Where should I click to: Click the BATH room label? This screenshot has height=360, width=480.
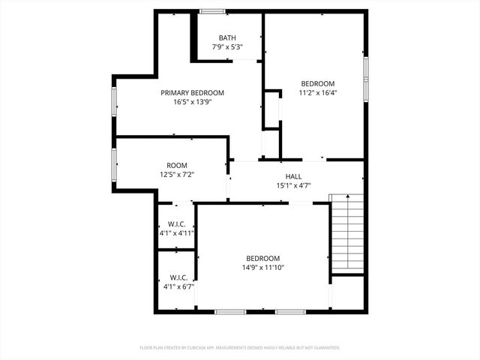[226, 37]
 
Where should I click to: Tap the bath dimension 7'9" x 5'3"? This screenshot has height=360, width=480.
[226, 47]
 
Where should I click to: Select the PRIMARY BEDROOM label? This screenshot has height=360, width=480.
[192, 93]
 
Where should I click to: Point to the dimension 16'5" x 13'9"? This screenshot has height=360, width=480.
[192, 102]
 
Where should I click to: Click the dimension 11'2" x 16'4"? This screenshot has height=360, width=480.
[318, 93]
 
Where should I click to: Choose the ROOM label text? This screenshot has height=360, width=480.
[177, 165]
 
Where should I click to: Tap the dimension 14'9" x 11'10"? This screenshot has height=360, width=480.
[262, 267]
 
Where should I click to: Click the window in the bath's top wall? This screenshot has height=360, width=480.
[212, 10]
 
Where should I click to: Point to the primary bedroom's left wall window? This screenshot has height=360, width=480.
[114, 102]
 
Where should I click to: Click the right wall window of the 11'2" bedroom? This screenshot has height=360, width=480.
[366, 69]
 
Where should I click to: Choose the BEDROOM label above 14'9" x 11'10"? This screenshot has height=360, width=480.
[262, 258]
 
